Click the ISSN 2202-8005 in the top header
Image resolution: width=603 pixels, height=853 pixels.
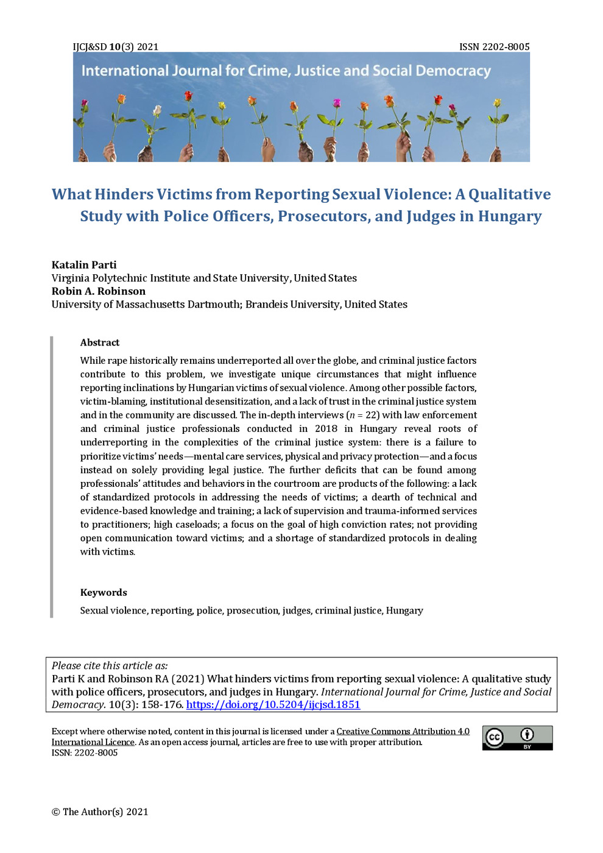click(x=494, y=47)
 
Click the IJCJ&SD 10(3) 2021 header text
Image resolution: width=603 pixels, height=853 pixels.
click(x=115, y=47)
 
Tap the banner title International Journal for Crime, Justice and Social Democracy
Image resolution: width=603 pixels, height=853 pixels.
click(x=286, y=71)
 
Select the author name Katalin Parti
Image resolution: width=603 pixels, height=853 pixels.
click(x=83, y=265)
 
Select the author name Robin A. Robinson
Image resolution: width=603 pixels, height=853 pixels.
click(x=98, y=291)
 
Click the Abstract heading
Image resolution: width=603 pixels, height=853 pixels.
click(x=99, y=342)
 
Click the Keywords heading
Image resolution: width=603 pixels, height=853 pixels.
click(x=104, y=592)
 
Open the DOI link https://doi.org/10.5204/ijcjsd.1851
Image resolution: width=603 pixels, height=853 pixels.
click(x=273, y=705)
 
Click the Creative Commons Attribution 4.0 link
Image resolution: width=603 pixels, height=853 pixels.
click(x=403, y=731)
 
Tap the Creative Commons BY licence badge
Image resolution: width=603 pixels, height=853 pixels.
click(x=517, y=738)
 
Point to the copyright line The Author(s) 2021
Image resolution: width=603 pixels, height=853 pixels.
click(x=100, y=812)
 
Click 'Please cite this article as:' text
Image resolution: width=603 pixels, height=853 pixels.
click(x=110, y=666)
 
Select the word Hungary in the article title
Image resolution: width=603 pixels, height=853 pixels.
click(x=510, y=216)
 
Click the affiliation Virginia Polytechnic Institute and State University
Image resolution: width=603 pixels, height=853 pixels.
click(x=171, y=278)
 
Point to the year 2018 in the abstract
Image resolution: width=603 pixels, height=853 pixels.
click(x=326, y=429)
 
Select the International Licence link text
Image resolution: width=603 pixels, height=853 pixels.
click(x=93, y=742)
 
